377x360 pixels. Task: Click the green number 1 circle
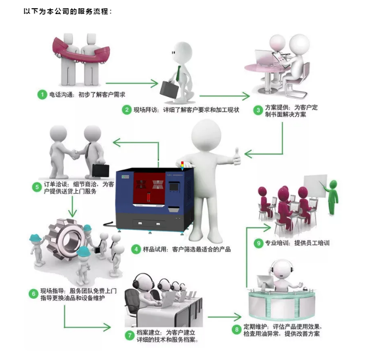pos(43,94)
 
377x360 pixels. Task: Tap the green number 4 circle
pos(136,249)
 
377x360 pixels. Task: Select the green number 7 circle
pos(130,335)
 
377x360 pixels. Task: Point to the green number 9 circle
pos(259,242)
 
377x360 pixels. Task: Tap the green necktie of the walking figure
pos(180,73)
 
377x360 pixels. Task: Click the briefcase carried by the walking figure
pos(170,88)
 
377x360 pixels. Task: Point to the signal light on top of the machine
pos(182,165)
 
